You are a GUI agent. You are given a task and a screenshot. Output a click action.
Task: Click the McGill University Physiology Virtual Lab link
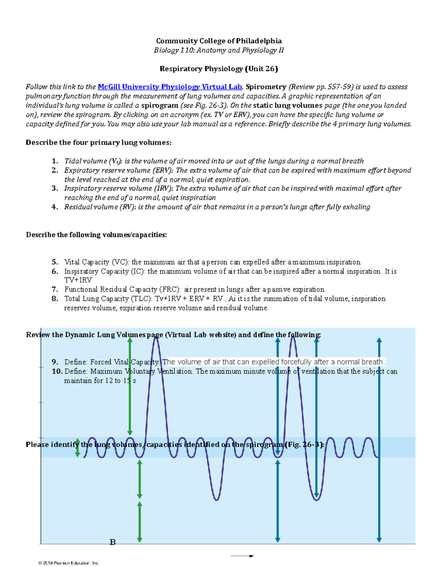coord(170,87)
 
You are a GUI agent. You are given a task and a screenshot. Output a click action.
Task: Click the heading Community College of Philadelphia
coord(219,41)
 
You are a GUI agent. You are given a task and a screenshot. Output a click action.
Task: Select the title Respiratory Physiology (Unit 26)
coord(219,69)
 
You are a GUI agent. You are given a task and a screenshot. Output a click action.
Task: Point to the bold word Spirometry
coord(266,87)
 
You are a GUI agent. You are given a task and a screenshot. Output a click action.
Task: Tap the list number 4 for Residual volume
coord(55,207)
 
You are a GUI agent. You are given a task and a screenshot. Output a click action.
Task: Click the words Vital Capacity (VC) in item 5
coord(96,262)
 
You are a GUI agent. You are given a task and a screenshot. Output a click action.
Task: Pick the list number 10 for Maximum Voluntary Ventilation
coord(57,371)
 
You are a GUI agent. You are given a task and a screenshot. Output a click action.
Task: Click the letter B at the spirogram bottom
coord(113,542)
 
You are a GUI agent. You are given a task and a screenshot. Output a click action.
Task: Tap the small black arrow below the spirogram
coord(242,556)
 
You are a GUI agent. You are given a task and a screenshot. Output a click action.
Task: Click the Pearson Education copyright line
coord(69,563)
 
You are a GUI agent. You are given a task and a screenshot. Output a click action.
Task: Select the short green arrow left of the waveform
coord(77,448)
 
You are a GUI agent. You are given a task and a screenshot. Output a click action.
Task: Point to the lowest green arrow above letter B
coord(139,522)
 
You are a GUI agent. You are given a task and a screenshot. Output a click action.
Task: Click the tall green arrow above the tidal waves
coord(130,387)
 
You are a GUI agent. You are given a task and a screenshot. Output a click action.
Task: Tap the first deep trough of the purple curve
coord(216,499)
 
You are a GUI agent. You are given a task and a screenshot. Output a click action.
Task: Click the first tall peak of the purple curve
coord(156,340)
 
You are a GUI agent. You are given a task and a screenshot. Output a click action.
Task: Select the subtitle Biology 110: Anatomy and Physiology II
coord(219,50)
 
